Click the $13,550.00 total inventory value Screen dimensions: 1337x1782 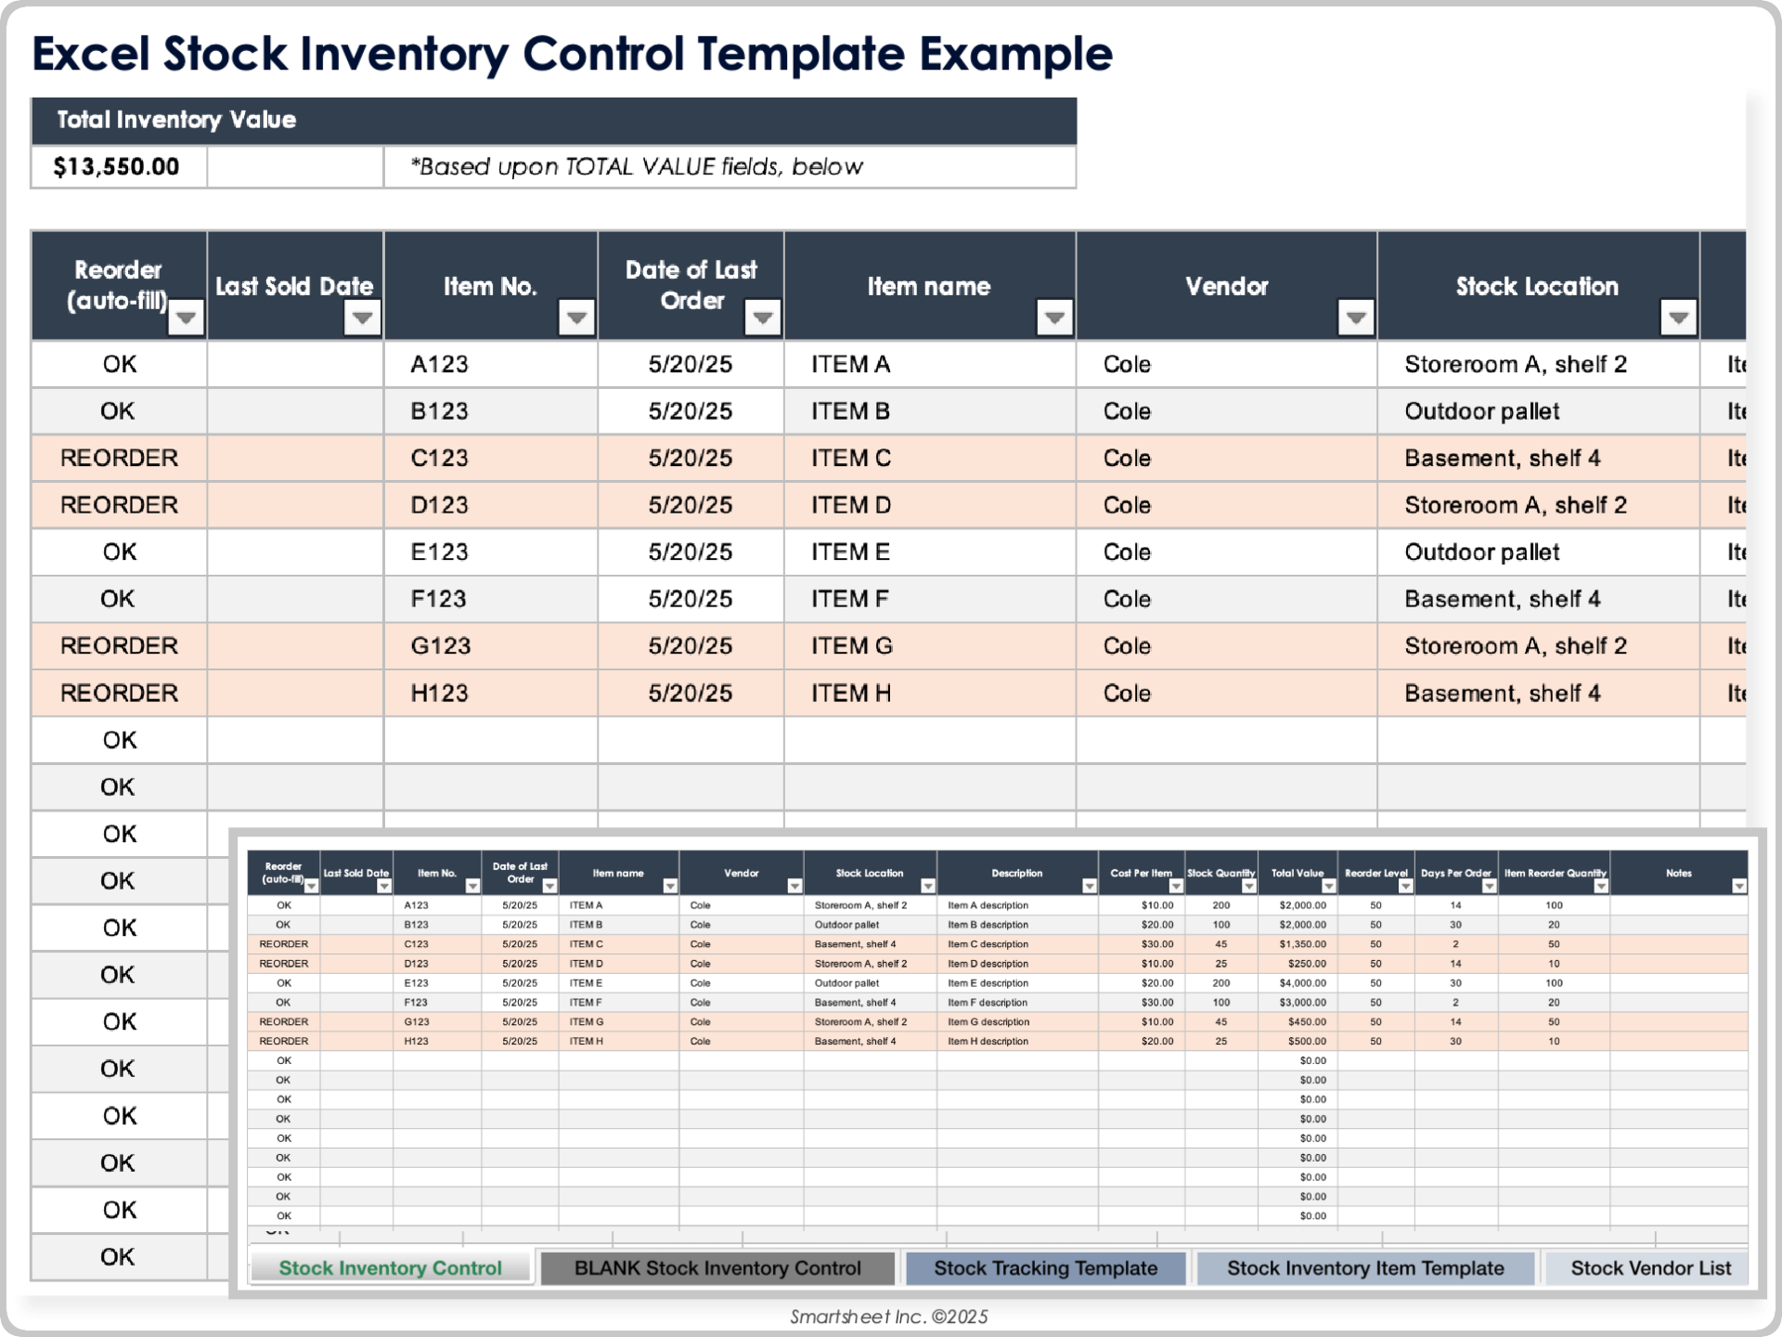point(116,167)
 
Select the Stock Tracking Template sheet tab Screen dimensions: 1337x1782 point(1045,1268)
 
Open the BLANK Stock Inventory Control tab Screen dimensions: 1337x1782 point(717,1268)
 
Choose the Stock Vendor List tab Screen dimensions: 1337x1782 point(1650,1268)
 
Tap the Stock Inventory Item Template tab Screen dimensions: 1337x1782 point(1365,1268)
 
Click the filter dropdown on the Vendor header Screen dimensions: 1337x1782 point(1355,318)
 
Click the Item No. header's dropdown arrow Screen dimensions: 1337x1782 point(576,318)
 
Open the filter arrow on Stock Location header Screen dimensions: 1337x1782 point(1677,318)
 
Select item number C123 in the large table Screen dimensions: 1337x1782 point(440,459)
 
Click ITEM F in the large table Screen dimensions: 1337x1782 point(850,599)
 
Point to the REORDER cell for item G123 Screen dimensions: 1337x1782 point(119,646)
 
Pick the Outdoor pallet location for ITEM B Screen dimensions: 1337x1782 point(1481,411)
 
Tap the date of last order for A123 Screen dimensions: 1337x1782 point(690,365)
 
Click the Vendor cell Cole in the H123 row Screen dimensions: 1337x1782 point(1127,694)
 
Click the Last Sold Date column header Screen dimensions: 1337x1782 point(293,286)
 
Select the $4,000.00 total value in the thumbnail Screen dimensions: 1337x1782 point(1303,983)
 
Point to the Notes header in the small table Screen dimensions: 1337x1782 point(1678,873)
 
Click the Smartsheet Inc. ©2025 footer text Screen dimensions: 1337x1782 point(889,1317)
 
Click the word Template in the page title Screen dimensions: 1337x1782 point(800,54)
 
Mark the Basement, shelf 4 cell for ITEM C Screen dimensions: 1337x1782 point(1502,459)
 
